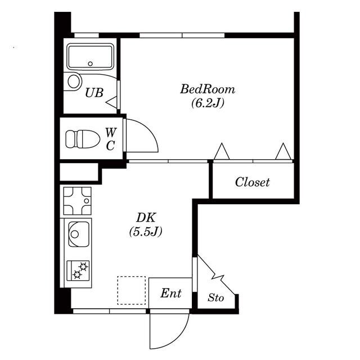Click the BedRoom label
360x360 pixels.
coord(208,89)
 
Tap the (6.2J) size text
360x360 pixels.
coord(208,103)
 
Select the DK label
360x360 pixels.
coord(146,218)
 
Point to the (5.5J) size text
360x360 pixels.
coord(146,231)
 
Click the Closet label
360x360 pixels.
coord(252,182)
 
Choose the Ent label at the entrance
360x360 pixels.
coord(171,293)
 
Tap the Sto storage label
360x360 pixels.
coord(215,298)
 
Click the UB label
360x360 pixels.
coord(94,93)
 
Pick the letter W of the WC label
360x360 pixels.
coord(111,132)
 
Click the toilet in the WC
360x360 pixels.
coord(83,139)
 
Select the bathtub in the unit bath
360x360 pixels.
coord(91,56)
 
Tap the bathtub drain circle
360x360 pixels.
coord(90,64)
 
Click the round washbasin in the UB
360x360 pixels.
coord(75,82)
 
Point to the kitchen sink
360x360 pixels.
coord(79,234)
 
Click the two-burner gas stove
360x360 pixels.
coord(78,271)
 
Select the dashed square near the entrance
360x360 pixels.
coord(131,290)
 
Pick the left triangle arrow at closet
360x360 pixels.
coord(222,151)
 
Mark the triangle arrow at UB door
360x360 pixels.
coord(112,102)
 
